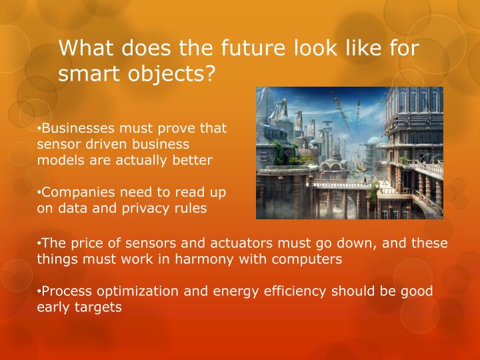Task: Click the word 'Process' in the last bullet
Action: (x=65, y=292)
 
